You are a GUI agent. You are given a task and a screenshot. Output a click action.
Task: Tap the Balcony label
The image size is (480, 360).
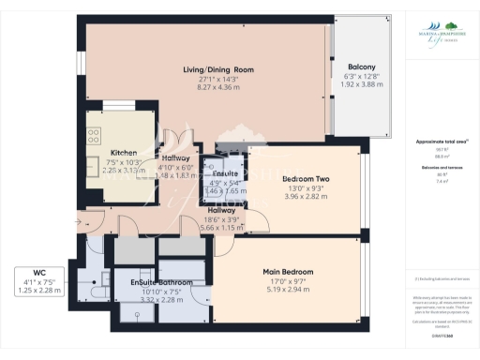(362, 67)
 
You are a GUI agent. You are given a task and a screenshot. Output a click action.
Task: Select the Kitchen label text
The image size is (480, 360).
(125, 152)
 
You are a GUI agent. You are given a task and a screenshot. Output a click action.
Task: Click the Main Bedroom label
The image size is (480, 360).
(288, 272)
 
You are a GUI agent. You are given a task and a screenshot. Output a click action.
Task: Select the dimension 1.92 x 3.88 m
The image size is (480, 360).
(362, 84)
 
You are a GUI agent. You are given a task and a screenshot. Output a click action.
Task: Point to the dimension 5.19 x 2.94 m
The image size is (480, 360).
(288, 289)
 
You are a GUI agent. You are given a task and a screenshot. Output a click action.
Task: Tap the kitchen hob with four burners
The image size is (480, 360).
(94, 137)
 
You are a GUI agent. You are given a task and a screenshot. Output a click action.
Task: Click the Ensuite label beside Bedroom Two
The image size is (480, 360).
(225, 174)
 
